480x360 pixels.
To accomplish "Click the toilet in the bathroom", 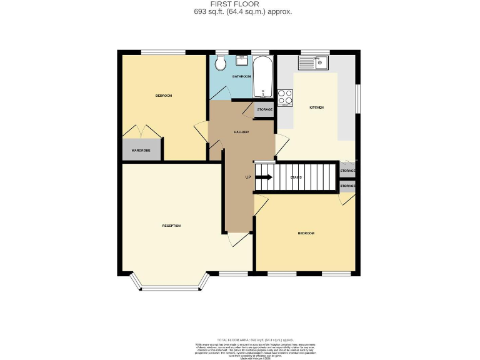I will [x=219, y=64].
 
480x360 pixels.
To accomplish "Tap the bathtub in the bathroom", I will [x=262, y=77].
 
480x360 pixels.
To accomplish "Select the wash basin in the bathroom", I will [x=241, y=60].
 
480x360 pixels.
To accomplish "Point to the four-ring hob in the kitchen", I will [x=285, y=97].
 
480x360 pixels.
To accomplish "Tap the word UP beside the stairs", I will [x=248, y=177].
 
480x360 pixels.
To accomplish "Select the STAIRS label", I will [x=296, y=177].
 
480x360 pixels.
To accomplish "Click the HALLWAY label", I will [x=242, y=132].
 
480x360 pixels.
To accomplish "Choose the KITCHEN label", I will [x=317, y=107].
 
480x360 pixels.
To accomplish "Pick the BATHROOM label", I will [x=242, y=76].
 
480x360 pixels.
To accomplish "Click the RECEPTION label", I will [x=171, y=225].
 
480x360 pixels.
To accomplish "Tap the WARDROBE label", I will [x=141, y=151].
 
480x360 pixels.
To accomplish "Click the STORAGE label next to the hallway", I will [x=264, y=109].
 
